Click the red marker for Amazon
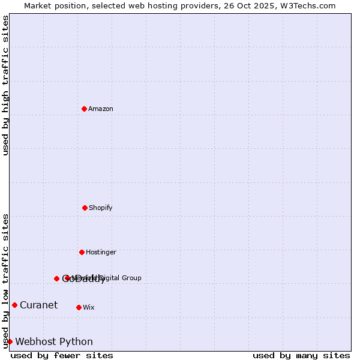click(x=84, y=109)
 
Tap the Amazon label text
click(x=101, y=109)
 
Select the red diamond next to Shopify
click(x=85, y=208)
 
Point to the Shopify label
click(x=101, y=208)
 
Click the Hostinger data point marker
click(x=82, y=252)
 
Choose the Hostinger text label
click(x=101, y=252)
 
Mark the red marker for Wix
click(x=79, y=307)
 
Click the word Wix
click(x=89, y=307)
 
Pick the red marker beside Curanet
click(x=14, y=305)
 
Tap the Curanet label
click(x=38, y=305)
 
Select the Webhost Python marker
click(x=10, y=341)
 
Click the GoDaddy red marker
click(x=56, y=278)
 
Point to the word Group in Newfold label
click(x=131, y=278)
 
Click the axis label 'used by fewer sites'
click(x=62, y=355)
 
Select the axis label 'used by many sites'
click(x=301, y=355)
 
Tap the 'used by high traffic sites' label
click(x=5, y=85)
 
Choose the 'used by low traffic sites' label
click(x=5, y=281)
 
